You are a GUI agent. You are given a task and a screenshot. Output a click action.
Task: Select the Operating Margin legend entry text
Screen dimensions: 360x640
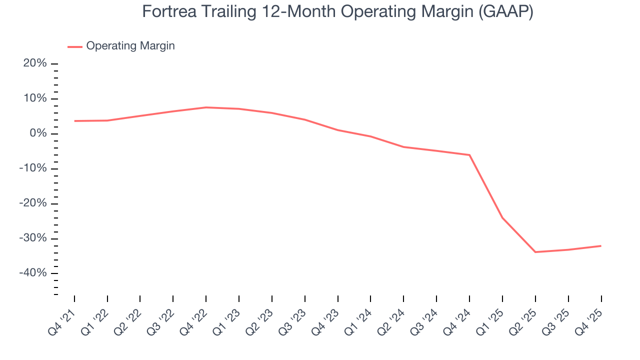(x=130, y=46)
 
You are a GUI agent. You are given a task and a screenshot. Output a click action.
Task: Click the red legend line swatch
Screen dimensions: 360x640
(x=75, y=46)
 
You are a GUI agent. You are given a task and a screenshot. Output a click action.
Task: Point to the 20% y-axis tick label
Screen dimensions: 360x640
(x=35, y=63)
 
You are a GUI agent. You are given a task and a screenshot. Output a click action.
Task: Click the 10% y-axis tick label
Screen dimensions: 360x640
(x=35, y=98)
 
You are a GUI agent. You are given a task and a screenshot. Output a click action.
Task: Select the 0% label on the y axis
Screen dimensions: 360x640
(x=38, y=133)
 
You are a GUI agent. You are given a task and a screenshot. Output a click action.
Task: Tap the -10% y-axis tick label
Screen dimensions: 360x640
(x=33, y=168)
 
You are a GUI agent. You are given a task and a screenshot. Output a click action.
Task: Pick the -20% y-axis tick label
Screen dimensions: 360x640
(x=33, y=203)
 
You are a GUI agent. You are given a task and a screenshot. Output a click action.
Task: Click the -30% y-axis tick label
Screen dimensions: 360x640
(x=33, y=238)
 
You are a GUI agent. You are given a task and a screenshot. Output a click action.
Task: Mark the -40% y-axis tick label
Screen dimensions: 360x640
(x=33, y=273)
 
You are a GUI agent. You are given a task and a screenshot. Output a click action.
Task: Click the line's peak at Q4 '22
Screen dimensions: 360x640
(x=206, y=107)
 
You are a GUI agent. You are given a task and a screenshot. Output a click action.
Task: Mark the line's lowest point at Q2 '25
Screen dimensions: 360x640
(x=535, y=252)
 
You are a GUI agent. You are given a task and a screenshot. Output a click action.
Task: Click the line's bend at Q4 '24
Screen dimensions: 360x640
(x=469, y=155)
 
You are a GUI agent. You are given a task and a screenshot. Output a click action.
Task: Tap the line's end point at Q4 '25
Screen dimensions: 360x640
(x=600, y=246)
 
